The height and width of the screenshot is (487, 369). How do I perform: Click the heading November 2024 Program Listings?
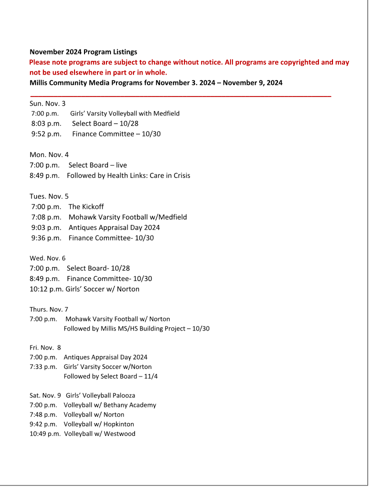pyautogui.click(x=83, y=52)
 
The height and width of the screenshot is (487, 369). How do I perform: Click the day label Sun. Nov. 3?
pyautogui.click(x=47, y=103)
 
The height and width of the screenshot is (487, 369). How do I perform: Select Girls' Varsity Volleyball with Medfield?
pyautogui.click(x=124, y=113)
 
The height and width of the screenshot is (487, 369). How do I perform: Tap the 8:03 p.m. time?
pyautogui.click(x=46, y=123)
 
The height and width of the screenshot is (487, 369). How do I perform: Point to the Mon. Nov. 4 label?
pyautogui.click(x=49, y=154)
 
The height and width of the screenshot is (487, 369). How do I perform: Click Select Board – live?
pyautogui.click(x=97, y=165)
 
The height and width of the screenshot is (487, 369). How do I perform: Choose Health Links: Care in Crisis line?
pyautogui.click(x=128, y=175)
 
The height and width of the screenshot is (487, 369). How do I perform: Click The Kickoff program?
pyautogui.click(x=86, y=206)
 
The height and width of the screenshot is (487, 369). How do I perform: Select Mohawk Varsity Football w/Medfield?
pyautogui.click(x=127, y=217)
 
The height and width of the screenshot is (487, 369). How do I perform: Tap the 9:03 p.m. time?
pyautogui.click(x=46, y=227)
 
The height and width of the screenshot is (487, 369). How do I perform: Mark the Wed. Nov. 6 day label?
pyautogui.click(x=47, y=258)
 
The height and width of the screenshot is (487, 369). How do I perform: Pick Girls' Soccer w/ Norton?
pyautogui.click(x=102, y=289)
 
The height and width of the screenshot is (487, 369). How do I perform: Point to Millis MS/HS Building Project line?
pyautogui.click(x=136, y=328)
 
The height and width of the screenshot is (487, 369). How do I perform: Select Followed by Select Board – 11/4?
pyautogui.click(x=110, y=376)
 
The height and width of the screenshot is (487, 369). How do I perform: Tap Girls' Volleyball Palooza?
pyautogui.click(x=100, y=395)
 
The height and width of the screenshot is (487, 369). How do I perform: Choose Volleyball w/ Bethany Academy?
pyautogui.click(x=109, y=405)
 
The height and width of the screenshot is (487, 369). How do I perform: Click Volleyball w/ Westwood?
pyautogui.click(x=99, y=433)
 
